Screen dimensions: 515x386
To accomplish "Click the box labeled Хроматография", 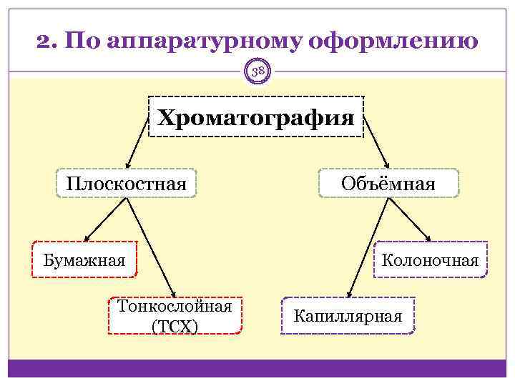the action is click(256, 117).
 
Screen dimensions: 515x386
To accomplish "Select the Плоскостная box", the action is click(127, 184).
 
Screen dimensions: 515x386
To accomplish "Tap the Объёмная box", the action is click(388, 184).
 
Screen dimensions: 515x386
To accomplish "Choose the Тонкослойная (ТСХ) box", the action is click(175, 316).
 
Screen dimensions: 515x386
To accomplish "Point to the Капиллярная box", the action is click(348, 316).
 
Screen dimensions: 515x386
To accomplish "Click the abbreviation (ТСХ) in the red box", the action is click(175, 326).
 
